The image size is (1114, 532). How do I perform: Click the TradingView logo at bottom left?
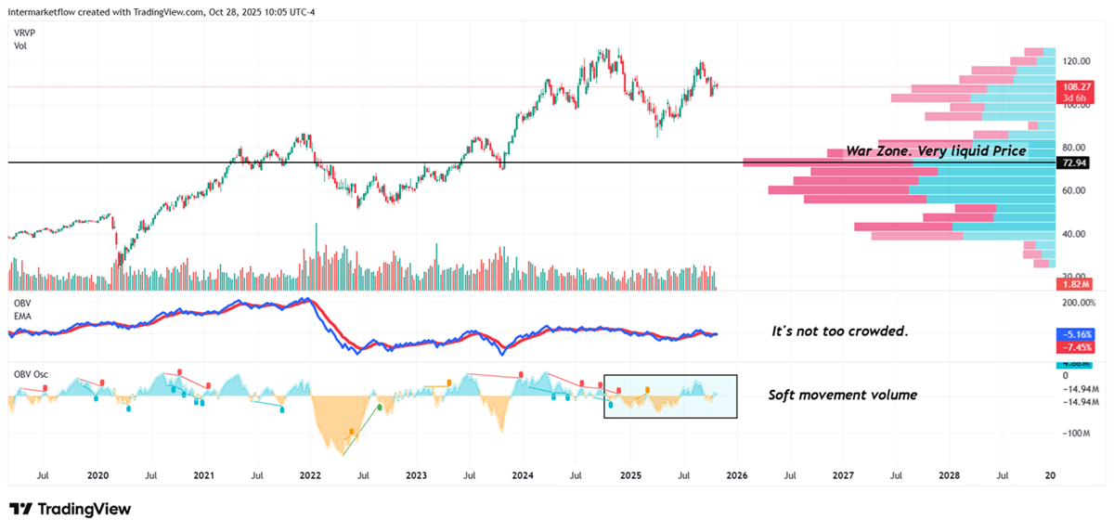coord(70,509)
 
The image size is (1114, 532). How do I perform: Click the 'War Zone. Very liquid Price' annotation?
coord(936,150)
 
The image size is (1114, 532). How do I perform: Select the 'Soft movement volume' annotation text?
coord(842,395)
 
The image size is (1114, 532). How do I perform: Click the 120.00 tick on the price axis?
coord(1076,61)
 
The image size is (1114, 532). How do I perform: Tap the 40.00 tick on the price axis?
coord(1076,234)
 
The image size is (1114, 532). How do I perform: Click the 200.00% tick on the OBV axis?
coord(1079,303)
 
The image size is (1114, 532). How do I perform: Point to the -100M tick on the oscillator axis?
coord(1074,433)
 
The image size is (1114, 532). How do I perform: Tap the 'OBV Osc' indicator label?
coord(31,375)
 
